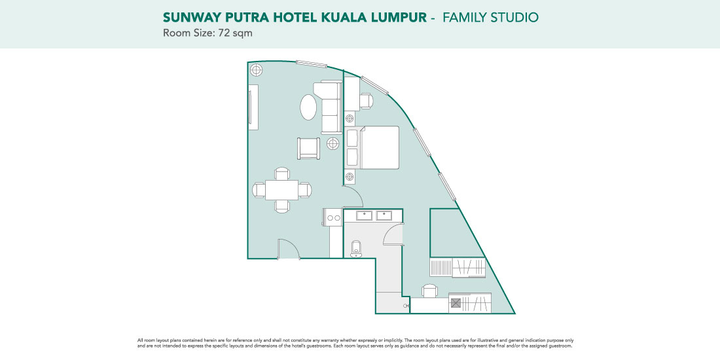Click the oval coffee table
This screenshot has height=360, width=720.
[308, 107]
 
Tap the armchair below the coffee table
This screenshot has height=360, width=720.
[308, 149]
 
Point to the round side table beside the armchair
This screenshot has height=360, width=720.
[333, 143]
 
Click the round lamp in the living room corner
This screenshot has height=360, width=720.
[256, 70]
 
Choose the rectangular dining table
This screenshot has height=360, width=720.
[281, 190]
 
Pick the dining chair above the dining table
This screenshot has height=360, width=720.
[282, 173]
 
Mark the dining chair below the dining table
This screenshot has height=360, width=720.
[282, 206]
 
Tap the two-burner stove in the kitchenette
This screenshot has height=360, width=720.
[333, 217]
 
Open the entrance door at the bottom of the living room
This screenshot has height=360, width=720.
[289, 249]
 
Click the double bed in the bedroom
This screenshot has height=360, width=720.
[373, 147]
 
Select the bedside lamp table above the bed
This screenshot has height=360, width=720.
[350, 118]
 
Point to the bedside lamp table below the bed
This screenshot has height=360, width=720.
[350, 176]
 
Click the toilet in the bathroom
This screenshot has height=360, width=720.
[356, 249]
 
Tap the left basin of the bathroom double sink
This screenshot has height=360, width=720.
[365, 215]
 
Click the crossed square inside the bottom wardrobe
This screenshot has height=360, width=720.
[456, 303]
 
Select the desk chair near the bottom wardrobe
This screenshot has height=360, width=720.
[430, 291]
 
